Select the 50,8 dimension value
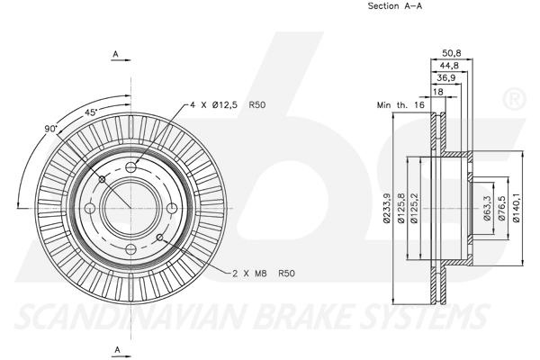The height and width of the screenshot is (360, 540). pyautogui.click(x=451, y=51)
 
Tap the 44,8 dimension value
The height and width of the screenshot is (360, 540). pyautogui.click(x=448, y=65)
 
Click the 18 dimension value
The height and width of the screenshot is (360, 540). pyautogui.click(x=438, y=92)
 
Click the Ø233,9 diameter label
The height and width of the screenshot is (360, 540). pyautogui.click(x=387, y=208)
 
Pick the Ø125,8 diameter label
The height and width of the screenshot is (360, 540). pyautogui.click(x=400, y=209)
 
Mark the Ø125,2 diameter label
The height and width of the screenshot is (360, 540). pyautogui.click(x=415, y=209)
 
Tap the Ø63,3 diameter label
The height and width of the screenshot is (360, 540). pyautogui.click(x=487, y=208)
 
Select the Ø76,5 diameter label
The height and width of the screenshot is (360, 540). pyautogui.click(x=501, y=208)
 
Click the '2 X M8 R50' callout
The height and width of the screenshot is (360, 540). pyautogui.click(x=264, y=272)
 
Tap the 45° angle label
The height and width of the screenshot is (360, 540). pyautogui.click(x=90, y=113)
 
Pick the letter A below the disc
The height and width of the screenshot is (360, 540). pyautogui.click(x=116, y=347)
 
